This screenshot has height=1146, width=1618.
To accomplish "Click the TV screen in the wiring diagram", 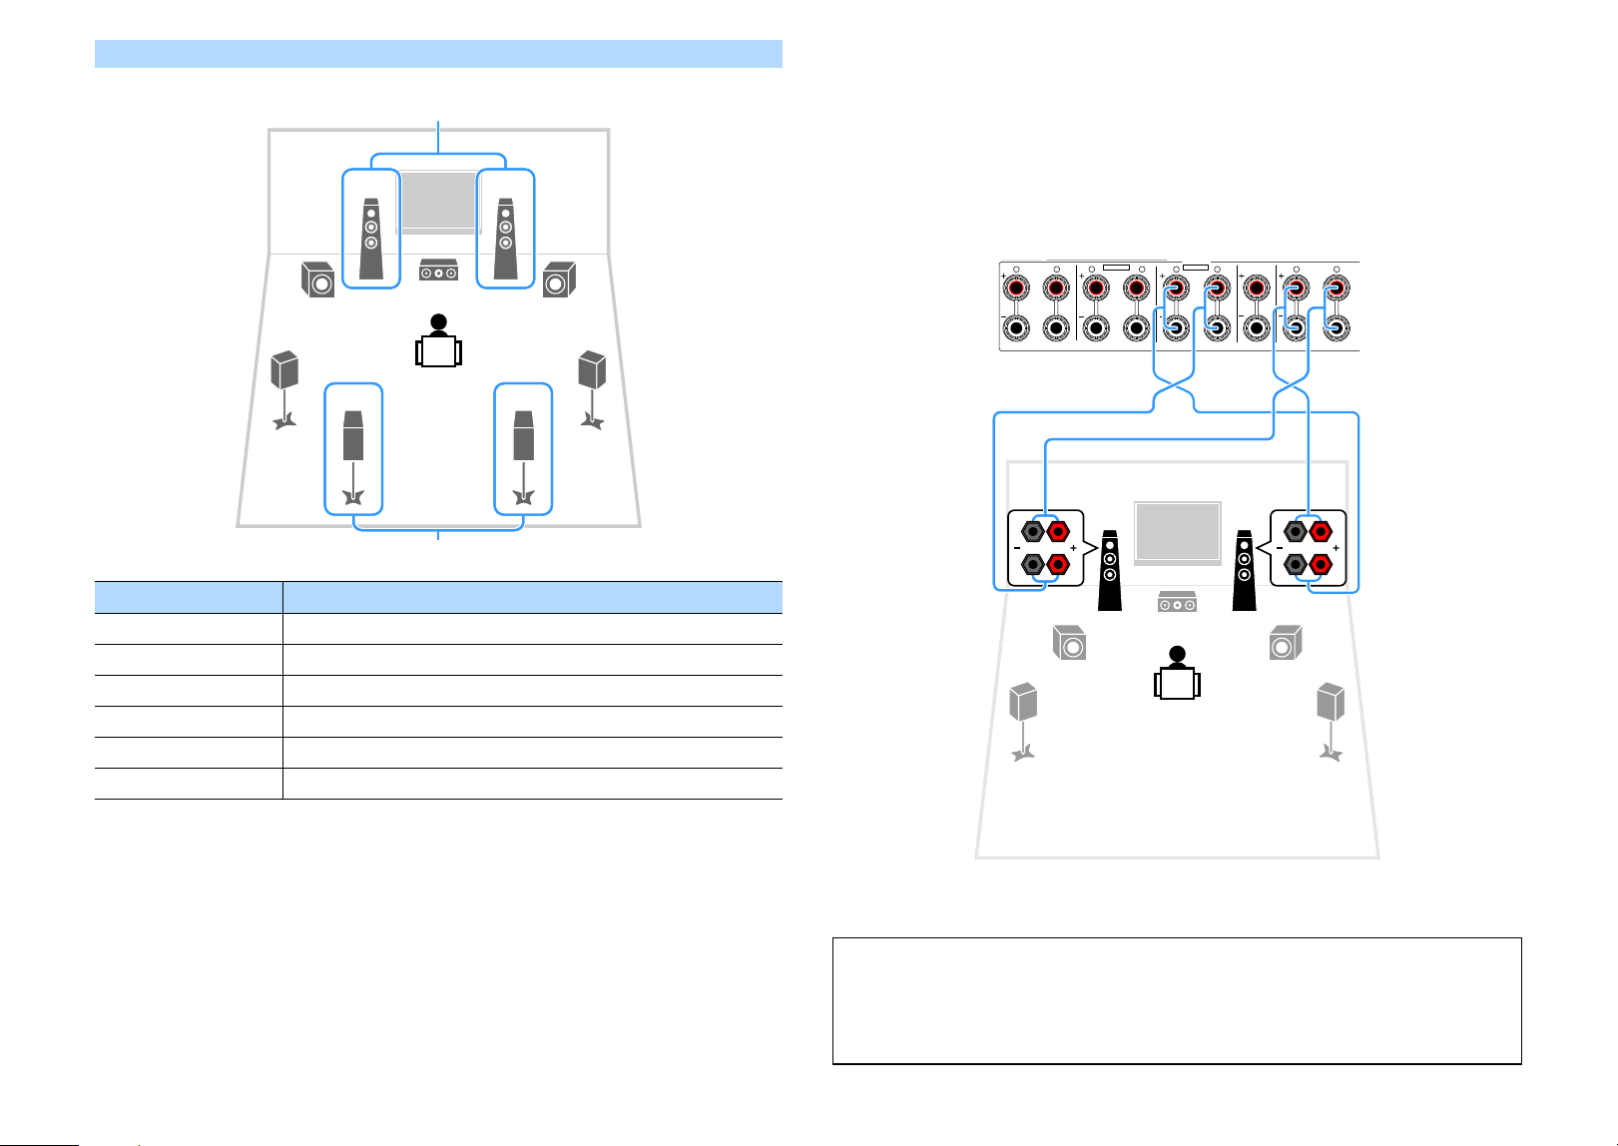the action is coord(1178,531).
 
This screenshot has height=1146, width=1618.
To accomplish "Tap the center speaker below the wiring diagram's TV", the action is coord(1177,602).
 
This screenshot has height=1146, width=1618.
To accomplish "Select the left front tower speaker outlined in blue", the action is coord(371,239).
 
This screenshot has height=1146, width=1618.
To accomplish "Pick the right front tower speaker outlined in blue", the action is coord(506,239).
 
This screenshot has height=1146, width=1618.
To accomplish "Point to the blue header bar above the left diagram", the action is coord(438,54).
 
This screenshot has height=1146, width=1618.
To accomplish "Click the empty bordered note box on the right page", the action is coord(1177,1001).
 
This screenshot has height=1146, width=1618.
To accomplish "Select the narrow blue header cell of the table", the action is coord(189,598).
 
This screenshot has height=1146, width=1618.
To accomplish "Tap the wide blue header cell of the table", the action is coord(532,598).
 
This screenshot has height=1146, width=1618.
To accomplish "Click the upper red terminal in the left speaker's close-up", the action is coord(1058,532).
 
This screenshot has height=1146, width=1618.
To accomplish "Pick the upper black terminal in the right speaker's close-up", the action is coord(1296,532).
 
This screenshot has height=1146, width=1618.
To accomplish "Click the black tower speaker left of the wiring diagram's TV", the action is coord(1110,570).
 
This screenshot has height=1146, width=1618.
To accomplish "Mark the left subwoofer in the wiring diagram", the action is coord(1069,642).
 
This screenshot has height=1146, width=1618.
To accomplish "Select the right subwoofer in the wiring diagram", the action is coord(1286,642).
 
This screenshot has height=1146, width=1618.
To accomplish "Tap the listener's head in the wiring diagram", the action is coord(1178,654).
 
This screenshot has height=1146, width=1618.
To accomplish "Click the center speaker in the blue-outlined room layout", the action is coord(438,270).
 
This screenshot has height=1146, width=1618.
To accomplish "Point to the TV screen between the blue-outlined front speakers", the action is coord(438,202).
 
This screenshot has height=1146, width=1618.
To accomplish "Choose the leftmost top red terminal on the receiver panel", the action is coord(1016,288).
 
